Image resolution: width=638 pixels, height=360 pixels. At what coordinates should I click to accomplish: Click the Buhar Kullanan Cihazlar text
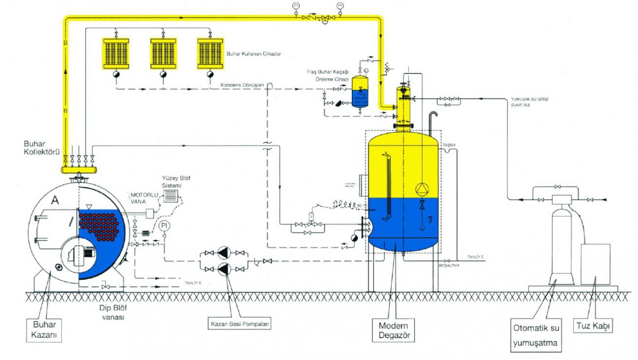coord(254,54)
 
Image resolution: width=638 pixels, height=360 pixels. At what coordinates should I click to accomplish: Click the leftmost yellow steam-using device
coord(114,53)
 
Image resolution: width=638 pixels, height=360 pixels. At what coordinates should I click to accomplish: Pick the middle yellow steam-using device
coord(162,53)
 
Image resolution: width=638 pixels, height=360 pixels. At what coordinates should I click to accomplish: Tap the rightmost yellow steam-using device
coord(209,53)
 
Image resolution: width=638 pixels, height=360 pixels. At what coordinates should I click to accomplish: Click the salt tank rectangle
coord(594,264)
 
